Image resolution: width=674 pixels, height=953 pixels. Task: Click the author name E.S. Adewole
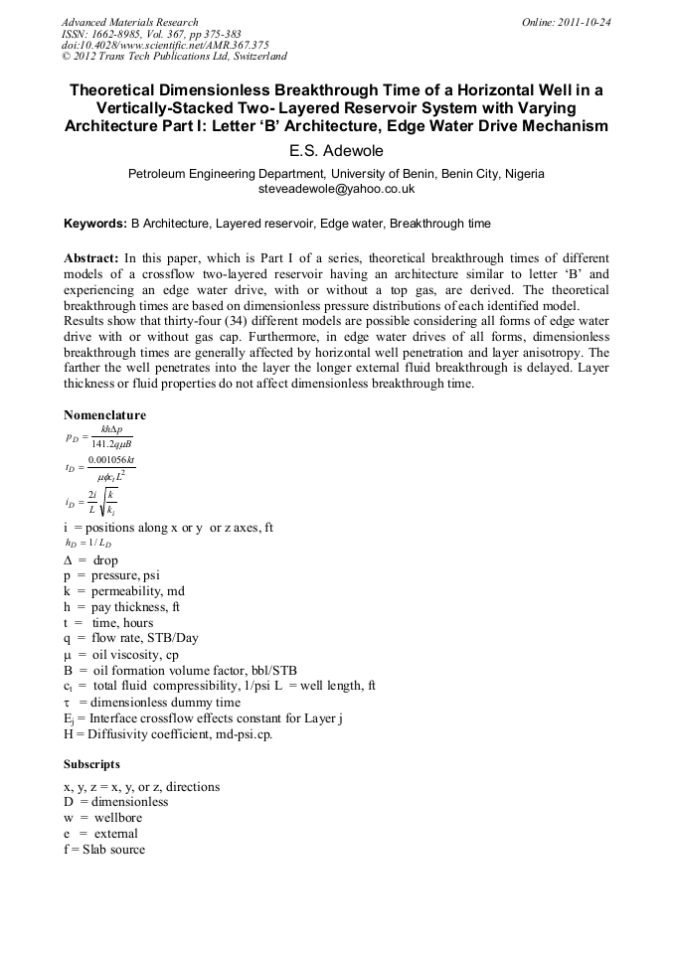(x=336, y=151)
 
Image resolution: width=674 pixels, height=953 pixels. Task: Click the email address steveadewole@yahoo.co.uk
(x=336, y=188)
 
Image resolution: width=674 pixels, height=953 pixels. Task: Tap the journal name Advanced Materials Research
(x=129, y=22)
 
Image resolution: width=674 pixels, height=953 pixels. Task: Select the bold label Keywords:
(x=95, y=224)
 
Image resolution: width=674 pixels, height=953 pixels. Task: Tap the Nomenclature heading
(x=104, y=414)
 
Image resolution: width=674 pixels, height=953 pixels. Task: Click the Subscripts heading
(x=91, y=764)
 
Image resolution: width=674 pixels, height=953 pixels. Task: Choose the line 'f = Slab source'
(x=104, y=850)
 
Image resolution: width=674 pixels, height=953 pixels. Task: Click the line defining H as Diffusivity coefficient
(x=167, y=734)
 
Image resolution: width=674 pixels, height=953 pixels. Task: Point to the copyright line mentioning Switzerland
(x=174, y=57)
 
